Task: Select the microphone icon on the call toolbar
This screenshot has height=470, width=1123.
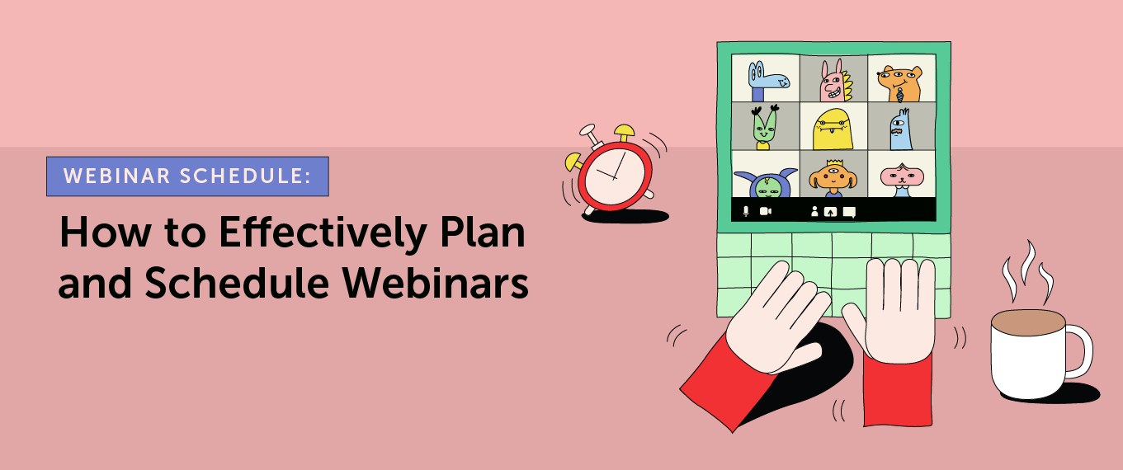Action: click(x=746, y=211)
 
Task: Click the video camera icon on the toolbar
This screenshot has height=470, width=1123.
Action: click(x=765, y=211)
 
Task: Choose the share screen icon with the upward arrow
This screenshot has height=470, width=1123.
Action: click(x=831, y=211)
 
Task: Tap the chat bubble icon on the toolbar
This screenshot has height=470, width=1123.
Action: click(x=849, y=211)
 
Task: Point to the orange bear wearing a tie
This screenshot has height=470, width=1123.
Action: click(x=899, y=80)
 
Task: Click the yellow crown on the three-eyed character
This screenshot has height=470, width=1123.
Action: click(x=832, y=163)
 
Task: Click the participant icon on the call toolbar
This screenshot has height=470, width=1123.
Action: click(x=814, y=211)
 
